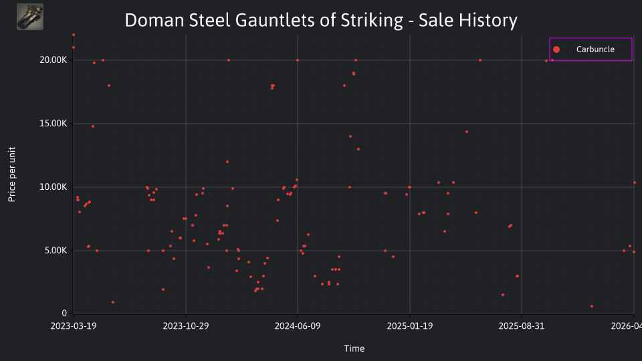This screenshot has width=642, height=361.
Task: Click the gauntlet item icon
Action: pos(30,17)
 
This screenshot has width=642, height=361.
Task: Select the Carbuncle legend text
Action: pos(595,49)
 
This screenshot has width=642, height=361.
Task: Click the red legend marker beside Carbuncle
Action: pos(556,49)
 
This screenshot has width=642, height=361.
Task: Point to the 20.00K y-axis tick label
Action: pos(53,60)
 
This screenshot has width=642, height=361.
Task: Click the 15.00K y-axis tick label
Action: pos(53,124)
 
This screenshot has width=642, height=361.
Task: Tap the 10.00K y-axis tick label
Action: pos(53,187)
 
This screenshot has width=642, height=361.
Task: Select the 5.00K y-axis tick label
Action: pos(56,251)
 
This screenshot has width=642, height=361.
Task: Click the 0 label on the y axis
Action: pos(64,314)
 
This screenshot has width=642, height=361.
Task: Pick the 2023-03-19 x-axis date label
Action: pos(74,326)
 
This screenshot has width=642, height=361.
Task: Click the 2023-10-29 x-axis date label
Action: pos(186,326)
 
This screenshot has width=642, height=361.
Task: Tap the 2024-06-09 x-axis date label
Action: pos(298,326)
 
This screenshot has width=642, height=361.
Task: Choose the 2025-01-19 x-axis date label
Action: pos(410,326)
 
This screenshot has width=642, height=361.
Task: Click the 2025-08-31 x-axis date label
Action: pos(522,326)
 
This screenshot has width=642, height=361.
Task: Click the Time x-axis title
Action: pos(354,349)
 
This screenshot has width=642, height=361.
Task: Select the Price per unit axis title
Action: pos(12,174)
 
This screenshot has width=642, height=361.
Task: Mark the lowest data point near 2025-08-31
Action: pos(503,295)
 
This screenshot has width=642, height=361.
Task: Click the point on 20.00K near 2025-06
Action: pos(480,61)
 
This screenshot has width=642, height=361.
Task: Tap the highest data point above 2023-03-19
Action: pos(74,35)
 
